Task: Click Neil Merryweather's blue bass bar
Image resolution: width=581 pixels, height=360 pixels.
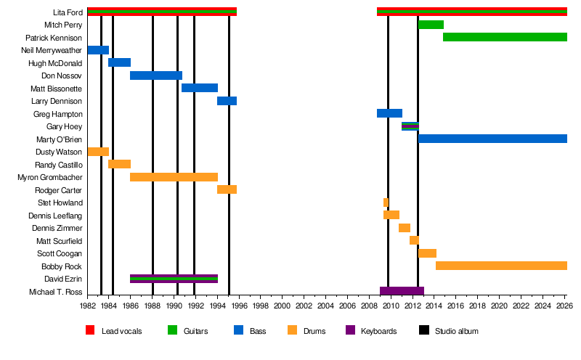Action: pyautogui.click(x=98, y=50)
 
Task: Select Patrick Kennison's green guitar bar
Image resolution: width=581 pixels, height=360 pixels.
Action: pyautogui.click(x=505, y=37)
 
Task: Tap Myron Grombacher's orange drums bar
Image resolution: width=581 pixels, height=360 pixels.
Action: pyautogui.click(x=174, y=177)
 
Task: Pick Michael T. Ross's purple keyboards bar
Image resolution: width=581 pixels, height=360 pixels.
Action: pyautogui.click(x=402, y=291)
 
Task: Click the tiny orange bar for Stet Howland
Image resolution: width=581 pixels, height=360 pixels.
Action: pyautogui.click(x=386, y=202)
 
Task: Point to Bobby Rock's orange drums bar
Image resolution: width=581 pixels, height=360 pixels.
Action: pyautogui.click(x=501, y=266)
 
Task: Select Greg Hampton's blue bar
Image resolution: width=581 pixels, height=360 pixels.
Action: pyautogui.click(x=389, y=113)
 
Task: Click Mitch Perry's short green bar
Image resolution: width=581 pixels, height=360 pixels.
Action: pyautogui.click(x=431, y=25)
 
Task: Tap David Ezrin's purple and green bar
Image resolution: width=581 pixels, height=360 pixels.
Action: pyautogui.click(x=174, y=279)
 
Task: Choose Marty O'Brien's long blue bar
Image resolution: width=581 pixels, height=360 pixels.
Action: pyautogui.click(x=492, y=139)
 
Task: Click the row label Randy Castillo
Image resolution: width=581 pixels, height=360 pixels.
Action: pyautogui.click(x=59, y=165)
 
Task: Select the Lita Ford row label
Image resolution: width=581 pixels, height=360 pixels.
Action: pyautogui.click(x=68, y=12)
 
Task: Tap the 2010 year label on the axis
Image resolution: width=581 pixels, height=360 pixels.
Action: pyautogui.click(x=391, y=306)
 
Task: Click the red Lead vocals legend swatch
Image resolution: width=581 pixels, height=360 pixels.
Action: pyautogui.click(x=90, y=331)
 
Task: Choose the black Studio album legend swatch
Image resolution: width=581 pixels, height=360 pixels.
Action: pyautogui.click(x=423, y=331)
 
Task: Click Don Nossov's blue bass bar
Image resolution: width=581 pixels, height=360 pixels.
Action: pyautogui.click(x=155, y=75)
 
